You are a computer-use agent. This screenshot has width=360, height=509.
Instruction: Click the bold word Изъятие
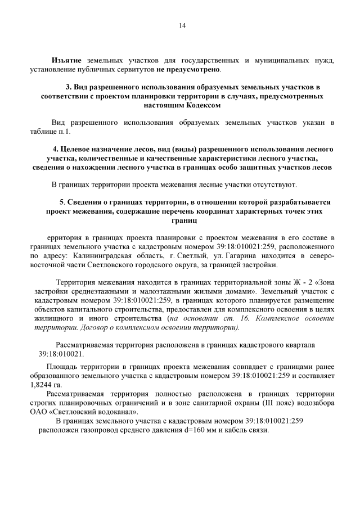tap(66, 60)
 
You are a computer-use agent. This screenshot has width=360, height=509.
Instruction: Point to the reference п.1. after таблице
tap(65, 132)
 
